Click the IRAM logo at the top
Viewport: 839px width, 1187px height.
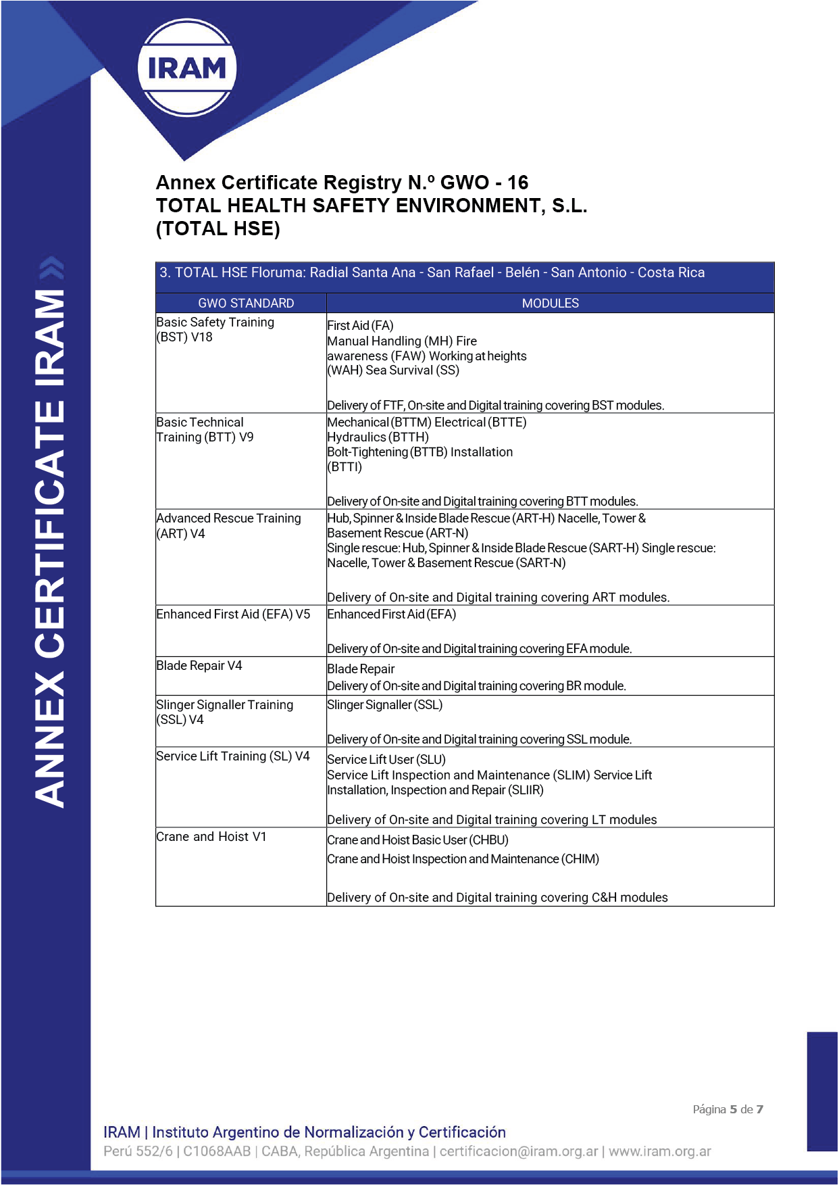tap(187, 68)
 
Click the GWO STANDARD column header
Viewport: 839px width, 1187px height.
tap(246, 304)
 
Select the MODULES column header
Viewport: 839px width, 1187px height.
tap(550, 304)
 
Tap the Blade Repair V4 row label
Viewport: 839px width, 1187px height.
tap(199, 666)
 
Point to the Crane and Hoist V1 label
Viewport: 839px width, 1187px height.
tap(211, 837)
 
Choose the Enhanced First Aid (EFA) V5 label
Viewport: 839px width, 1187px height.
tap(233, 614)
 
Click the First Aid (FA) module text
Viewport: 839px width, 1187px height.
tap(360, 326)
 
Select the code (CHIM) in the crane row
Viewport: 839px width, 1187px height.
tap(580, 859)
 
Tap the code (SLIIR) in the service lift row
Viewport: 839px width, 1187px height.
tap(526, 790)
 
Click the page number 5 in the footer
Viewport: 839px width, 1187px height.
tap(733, 1109)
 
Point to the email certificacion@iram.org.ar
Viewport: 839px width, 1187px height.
tap(519, 1151)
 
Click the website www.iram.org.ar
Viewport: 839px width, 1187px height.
tap(659, 1151)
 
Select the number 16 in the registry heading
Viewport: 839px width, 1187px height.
tap(517, 183)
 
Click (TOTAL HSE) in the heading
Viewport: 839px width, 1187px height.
tap(218, 228)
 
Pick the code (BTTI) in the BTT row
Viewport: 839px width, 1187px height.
tap(345, 467)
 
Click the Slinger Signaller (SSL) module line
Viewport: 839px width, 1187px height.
tap(385, 705)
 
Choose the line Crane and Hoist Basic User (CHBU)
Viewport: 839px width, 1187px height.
tap(417, 840)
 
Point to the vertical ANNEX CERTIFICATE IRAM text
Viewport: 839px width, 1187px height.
tap(49, 548)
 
